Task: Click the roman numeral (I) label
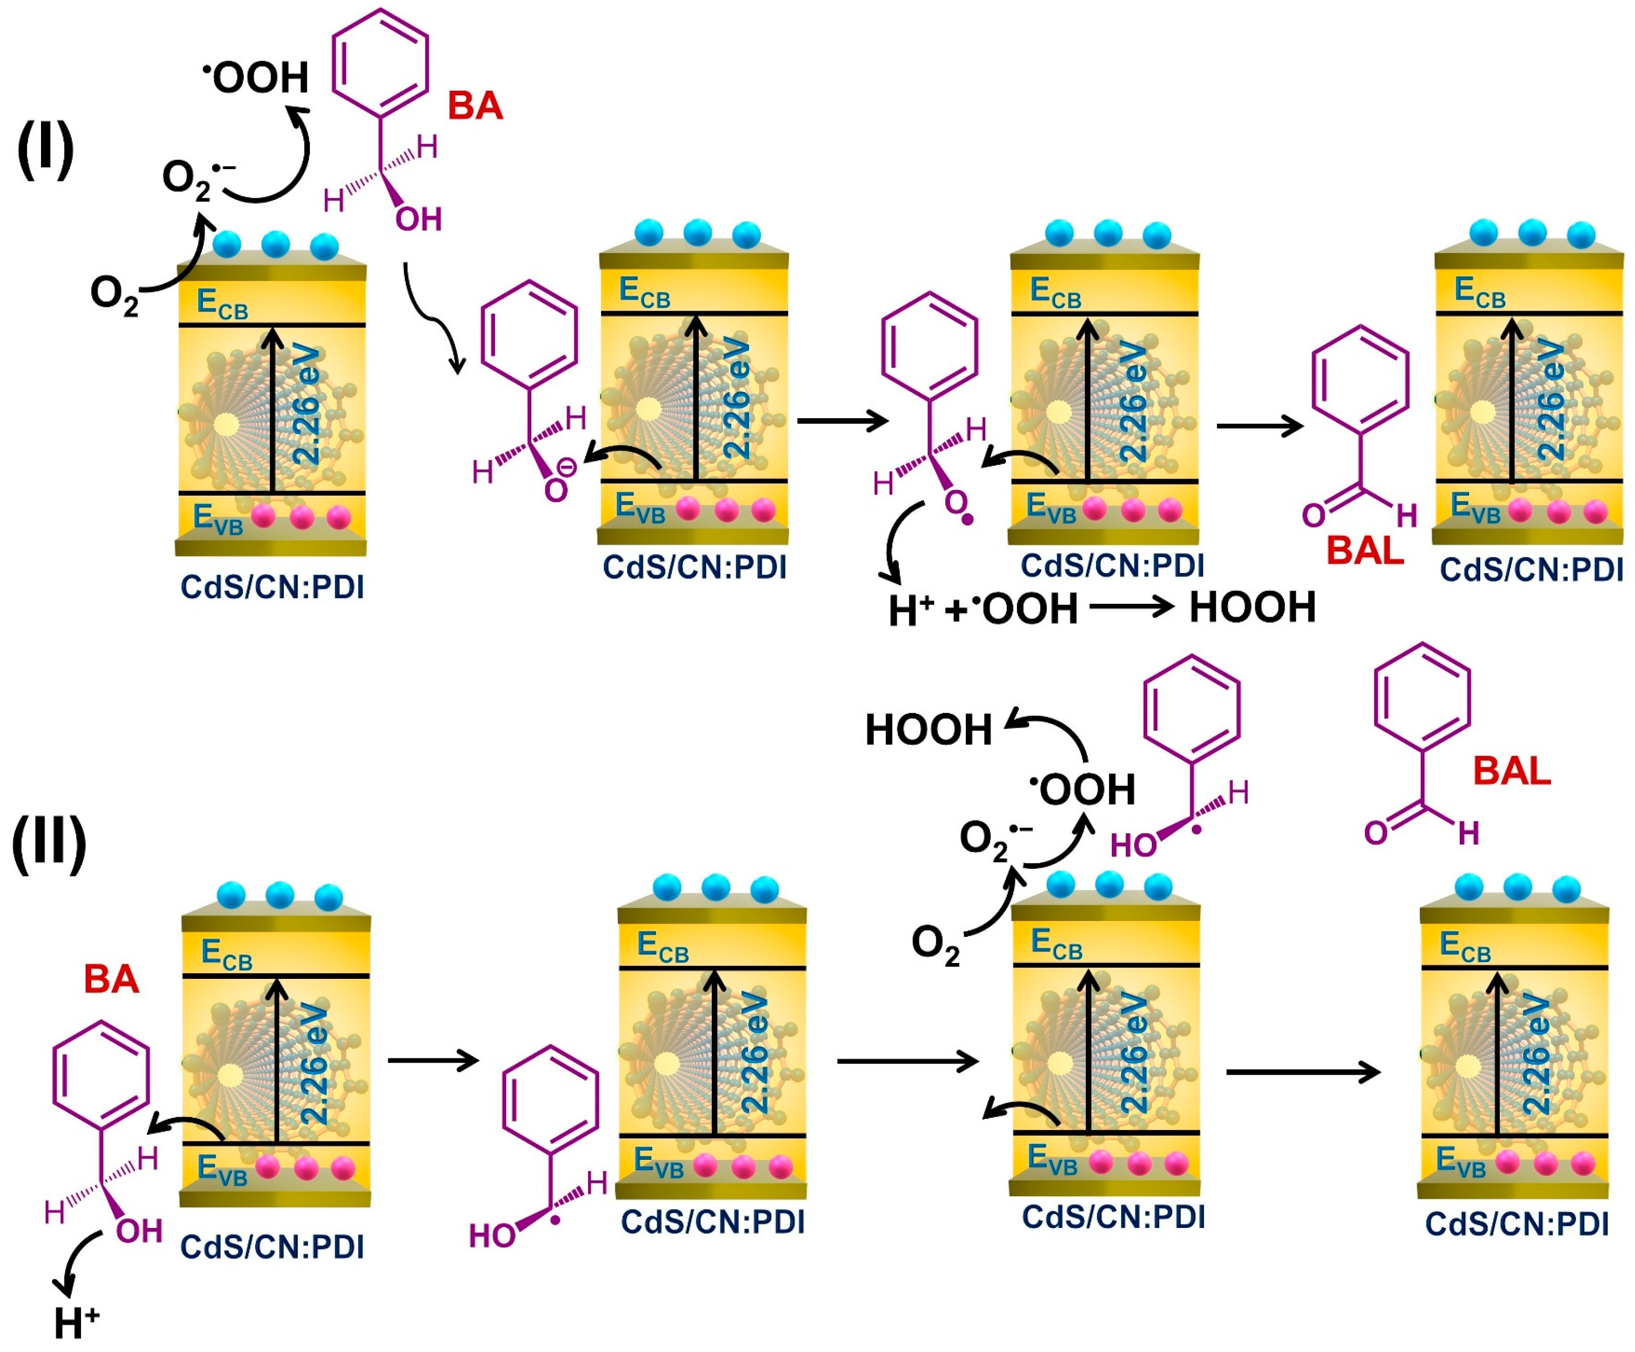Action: [45, 150]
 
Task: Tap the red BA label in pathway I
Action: [475, 105]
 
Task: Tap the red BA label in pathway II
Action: [111, 979]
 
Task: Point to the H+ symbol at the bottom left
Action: [76, 1322]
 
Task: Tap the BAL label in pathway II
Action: [1512, 771]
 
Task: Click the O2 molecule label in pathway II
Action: [936, 945]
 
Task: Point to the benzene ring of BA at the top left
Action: [380, 63]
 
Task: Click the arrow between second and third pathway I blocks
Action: [842, 421]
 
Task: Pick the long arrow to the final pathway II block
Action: [1302, 1072]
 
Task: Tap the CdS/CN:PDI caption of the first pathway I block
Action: [273, 586]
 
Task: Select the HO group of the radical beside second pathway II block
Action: [492, 1235]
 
